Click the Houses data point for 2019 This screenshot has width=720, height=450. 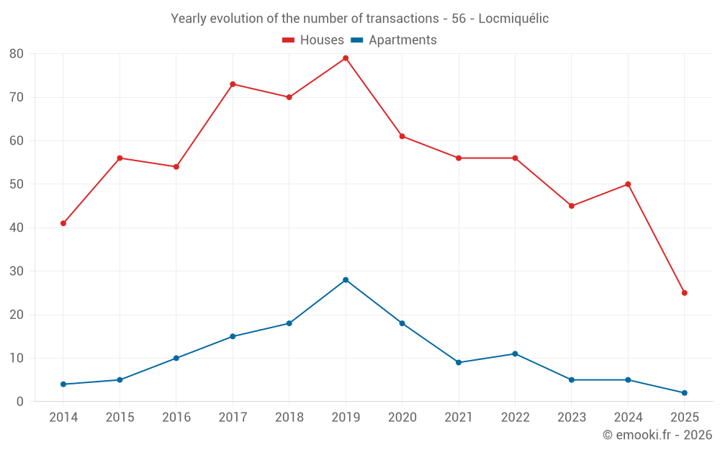[x=346, y=58]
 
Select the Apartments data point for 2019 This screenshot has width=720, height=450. [x=346, y=280]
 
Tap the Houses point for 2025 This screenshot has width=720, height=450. [x=685, y=293]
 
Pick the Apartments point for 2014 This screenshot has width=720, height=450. [x=63, y=384]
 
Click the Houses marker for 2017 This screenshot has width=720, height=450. [x=233, y=84]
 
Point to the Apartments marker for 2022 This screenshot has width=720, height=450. [x=515, y=354]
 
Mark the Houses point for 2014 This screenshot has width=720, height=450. [x=63, y=223]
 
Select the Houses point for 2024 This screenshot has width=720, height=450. [x=628, y=184]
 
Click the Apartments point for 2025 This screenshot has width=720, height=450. [x=685, y=393]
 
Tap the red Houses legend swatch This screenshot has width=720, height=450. [x=288, y=40]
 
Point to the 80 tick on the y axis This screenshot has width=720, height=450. [x=17, y=54]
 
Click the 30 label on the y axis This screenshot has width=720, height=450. [x=17, y=271]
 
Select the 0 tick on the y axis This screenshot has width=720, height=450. [x=20, y=402]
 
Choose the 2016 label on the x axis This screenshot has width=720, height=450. [x=176, y=418]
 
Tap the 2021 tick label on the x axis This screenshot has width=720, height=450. [x=459, y=418]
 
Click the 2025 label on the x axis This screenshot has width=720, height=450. [x=685, y=418]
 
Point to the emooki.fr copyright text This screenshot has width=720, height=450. [x=657, y=435]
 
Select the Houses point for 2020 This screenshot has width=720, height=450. [x=402, y=136]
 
